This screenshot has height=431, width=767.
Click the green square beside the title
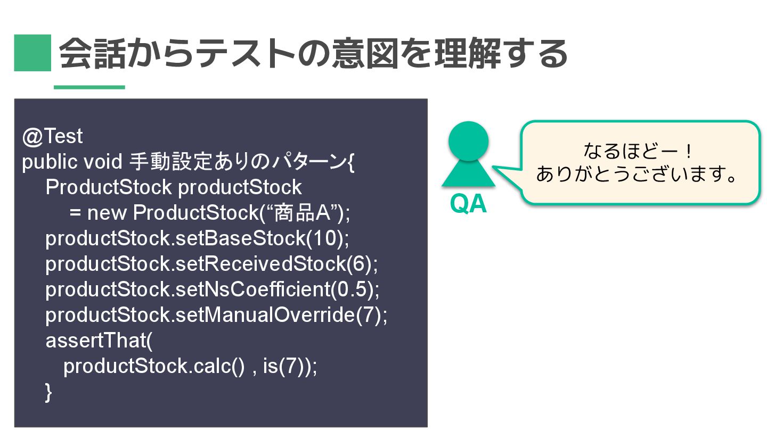coord(32,53)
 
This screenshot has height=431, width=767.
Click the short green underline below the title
coord(89,87)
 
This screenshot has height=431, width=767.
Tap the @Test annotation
coord(52,137)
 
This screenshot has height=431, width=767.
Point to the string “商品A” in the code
coord(303,213)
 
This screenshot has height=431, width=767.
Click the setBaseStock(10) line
coord(197,238)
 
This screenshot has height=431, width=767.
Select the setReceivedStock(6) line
coord(211,264)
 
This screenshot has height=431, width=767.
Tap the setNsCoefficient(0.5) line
coord(213,289)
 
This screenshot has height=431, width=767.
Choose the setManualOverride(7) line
coord(217,315)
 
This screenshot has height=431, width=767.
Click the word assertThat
coord(99,341)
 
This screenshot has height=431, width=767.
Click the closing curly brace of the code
coord(49,392)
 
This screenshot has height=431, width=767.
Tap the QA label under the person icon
coord(468,204)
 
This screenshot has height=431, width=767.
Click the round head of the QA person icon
coord(468,141)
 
